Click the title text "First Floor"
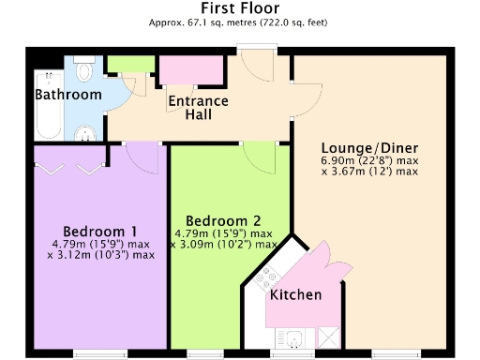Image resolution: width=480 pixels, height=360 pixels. point(239,8)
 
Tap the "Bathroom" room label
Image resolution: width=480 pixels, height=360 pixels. point(67,95)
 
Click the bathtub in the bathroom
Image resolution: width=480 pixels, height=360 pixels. point(47,117)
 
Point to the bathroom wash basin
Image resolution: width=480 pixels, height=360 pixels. point(85,131)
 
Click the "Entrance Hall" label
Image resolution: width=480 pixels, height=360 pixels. point(198,107)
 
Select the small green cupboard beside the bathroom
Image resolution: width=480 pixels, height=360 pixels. point(122,65)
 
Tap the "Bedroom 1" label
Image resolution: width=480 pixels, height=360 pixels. point(100,232)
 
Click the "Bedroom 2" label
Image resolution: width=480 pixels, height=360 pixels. point(223,221)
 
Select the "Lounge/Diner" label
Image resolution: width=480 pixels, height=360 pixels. point(369,148)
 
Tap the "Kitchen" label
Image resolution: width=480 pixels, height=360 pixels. point(295,294)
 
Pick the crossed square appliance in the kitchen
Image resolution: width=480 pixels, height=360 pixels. point(328,338)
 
